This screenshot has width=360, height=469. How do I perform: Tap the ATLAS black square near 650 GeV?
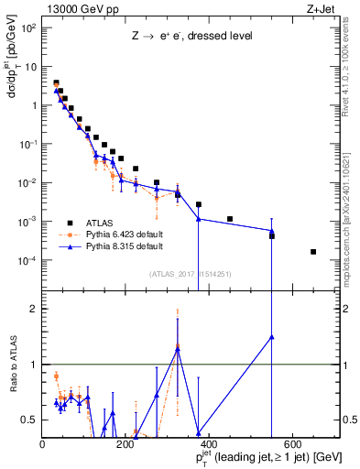click(313, 252)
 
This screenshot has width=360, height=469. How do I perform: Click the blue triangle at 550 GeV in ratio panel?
click(271, 336)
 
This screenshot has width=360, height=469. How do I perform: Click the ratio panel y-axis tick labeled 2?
click(33, 309)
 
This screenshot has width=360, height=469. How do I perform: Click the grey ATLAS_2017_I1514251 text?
click(189, 274)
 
